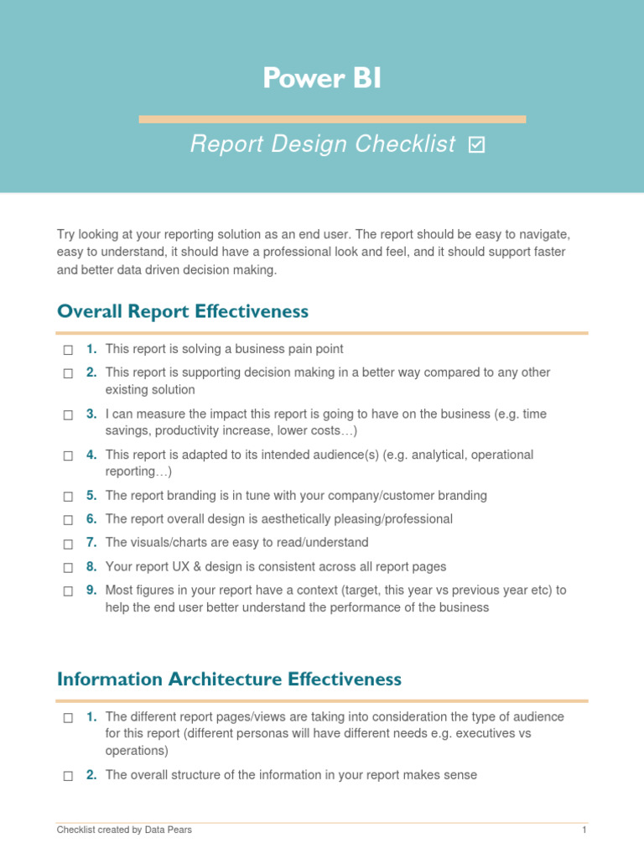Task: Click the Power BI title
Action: (322, 78)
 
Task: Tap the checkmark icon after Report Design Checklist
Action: (476, 145)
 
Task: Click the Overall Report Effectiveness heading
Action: (183, 312)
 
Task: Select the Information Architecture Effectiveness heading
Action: (229, 679)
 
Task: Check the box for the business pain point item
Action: (68, 350)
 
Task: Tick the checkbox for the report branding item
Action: (68, 496)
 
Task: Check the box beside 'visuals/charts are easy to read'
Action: (68, 544)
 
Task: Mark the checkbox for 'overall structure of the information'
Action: (68, 776)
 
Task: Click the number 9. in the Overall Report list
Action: (91, 591)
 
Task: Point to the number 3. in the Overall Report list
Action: (91, 414)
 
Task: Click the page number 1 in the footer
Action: (583, 830)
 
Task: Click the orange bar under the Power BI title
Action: (332, 119)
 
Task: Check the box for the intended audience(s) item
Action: (68, 456)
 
